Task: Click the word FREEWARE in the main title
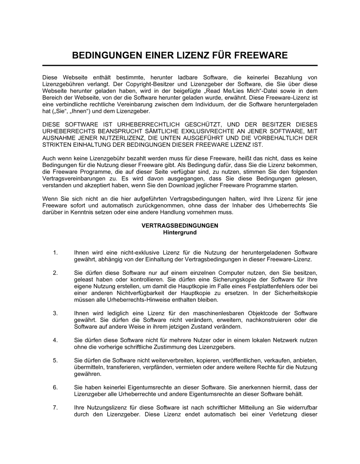pos(261,55)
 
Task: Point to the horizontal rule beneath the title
pos(180,65)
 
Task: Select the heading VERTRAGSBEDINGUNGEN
pos(180,226)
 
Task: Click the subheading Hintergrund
pos(180,232)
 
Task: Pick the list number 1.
pos(55,253)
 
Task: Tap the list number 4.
pos(55,340)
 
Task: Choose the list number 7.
pos(55,408)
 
